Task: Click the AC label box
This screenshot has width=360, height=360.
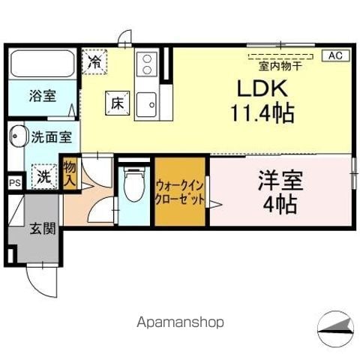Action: click(x=335, y=55)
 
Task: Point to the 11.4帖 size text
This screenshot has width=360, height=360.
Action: click(x=262, y=115)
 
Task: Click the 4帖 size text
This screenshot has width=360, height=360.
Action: click(x=279, y=203)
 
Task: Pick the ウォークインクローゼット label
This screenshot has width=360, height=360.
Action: click(x=180, y=193)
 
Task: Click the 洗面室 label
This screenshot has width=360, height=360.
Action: click(x=51, y=137)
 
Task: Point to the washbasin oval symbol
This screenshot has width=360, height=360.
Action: click(x=16, y=138)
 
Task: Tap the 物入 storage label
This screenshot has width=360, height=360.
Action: click(x=70, y=173)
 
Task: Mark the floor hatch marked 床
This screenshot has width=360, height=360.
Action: click(x=116, y=104)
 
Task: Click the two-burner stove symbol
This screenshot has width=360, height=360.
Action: click(x=146, y=64)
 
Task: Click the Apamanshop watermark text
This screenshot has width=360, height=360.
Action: click(x=180, y=322)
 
